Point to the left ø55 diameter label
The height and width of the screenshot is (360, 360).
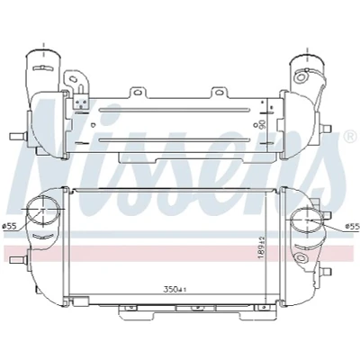click(9, 227)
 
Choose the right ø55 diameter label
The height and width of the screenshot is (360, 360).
click(352, 227)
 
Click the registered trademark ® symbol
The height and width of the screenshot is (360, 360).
click(349, 137)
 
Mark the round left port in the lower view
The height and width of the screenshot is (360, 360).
click(42, 210)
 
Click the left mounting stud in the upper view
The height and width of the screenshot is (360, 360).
click(18, 137)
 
